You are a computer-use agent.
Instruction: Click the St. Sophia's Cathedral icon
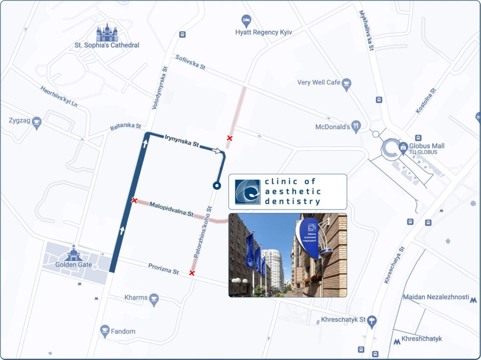(x=107, y=33)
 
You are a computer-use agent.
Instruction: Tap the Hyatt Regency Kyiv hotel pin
(x=246, y=21)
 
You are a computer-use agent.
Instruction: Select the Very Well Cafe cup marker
(x=347, y=84)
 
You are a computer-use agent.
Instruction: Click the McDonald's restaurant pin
(x=357, y=126)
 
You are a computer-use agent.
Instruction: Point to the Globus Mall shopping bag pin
(x=403, y=147)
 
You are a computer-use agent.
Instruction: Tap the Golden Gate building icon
(x=74, y=253)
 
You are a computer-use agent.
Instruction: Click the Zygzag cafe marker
(x=37, y=123)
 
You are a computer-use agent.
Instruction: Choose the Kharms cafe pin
(x=154, y=299)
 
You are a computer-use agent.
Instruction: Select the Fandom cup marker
(x=105, y=331)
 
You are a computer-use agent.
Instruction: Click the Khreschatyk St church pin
(x=372, y=321)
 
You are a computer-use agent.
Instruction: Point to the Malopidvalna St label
(x=171, y=210)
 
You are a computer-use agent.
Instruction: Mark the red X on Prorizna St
(x=192, y=273)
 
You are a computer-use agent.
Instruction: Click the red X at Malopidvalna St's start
(x=134, y=201)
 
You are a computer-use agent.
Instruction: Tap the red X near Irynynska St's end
(x=229, y=138)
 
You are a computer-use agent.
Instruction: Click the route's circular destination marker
(x=217, y=186)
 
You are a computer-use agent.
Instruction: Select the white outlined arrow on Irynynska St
(x=217, y=151)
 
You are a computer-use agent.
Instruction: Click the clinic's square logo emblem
(x=248, y=192)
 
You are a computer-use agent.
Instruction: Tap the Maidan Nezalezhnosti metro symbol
(x=473, y=299)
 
